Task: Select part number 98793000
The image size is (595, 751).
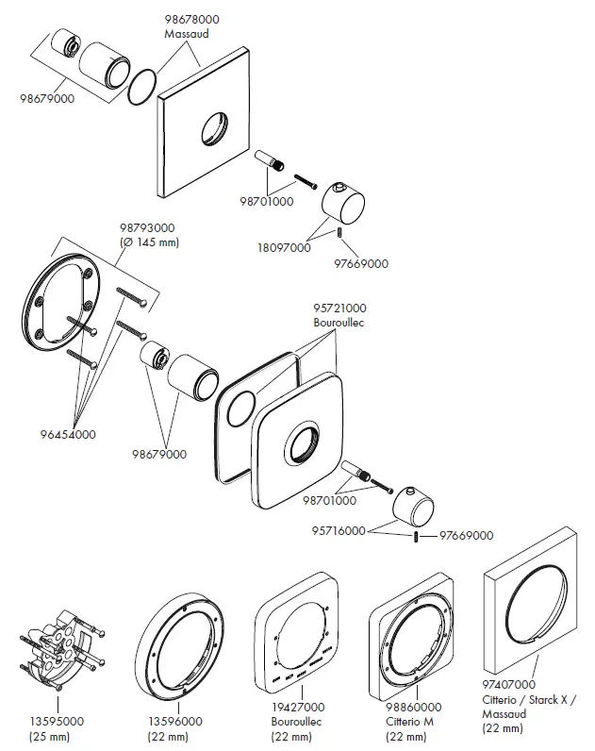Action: click(x=149, y=228)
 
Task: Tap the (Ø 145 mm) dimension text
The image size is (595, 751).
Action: click(x=149, y=242)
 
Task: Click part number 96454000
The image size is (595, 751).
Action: click(x=67, y=434)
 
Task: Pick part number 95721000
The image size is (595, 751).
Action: click(x=340, y=309)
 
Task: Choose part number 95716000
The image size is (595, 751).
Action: click(x=339, y=532)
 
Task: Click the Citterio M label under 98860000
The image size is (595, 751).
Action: click(x=411, y=721)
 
